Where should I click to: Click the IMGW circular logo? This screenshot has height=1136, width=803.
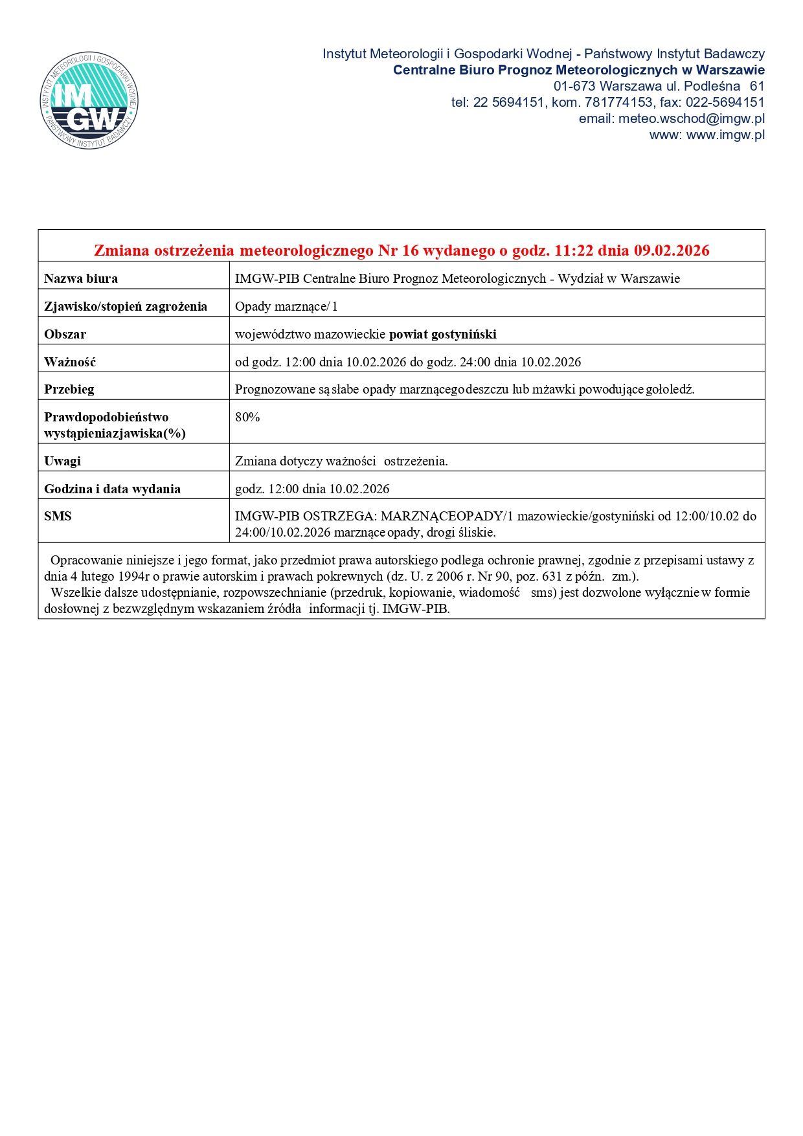(89, 100)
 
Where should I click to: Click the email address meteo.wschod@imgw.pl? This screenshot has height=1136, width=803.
(691, 118)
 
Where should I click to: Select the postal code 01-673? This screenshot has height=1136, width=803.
(574, 86)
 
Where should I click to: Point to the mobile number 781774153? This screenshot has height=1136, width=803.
(618, 102)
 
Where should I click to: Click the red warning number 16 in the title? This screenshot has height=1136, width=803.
(411, 251)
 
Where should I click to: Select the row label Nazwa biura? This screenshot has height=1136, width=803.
(81, 279)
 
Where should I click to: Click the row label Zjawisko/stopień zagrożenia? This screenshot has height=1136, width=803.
(126, 307)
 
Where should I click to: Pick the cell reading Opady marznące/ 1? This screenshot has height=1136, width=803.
(286, 307)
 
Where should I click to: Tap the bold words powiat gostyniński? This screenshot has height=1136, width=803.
(442, 335)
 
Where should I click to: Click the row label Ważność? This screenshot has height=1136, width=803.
(70, 362)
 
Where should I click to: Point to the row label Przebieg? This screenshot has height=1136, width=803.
(69, 390)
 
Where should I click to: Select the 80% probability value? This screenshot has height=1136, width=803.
(247, 418)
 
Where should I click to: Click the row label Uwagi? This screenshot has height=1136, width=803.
(63, 462)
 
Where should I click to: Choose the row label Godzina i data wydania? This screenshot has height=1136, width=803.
(112, 489)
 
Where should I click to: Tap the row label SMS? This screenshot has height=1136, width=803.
(58, 517)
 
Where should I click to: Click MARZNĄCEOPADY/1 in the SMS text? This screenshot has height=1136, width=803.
(447, 517)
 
